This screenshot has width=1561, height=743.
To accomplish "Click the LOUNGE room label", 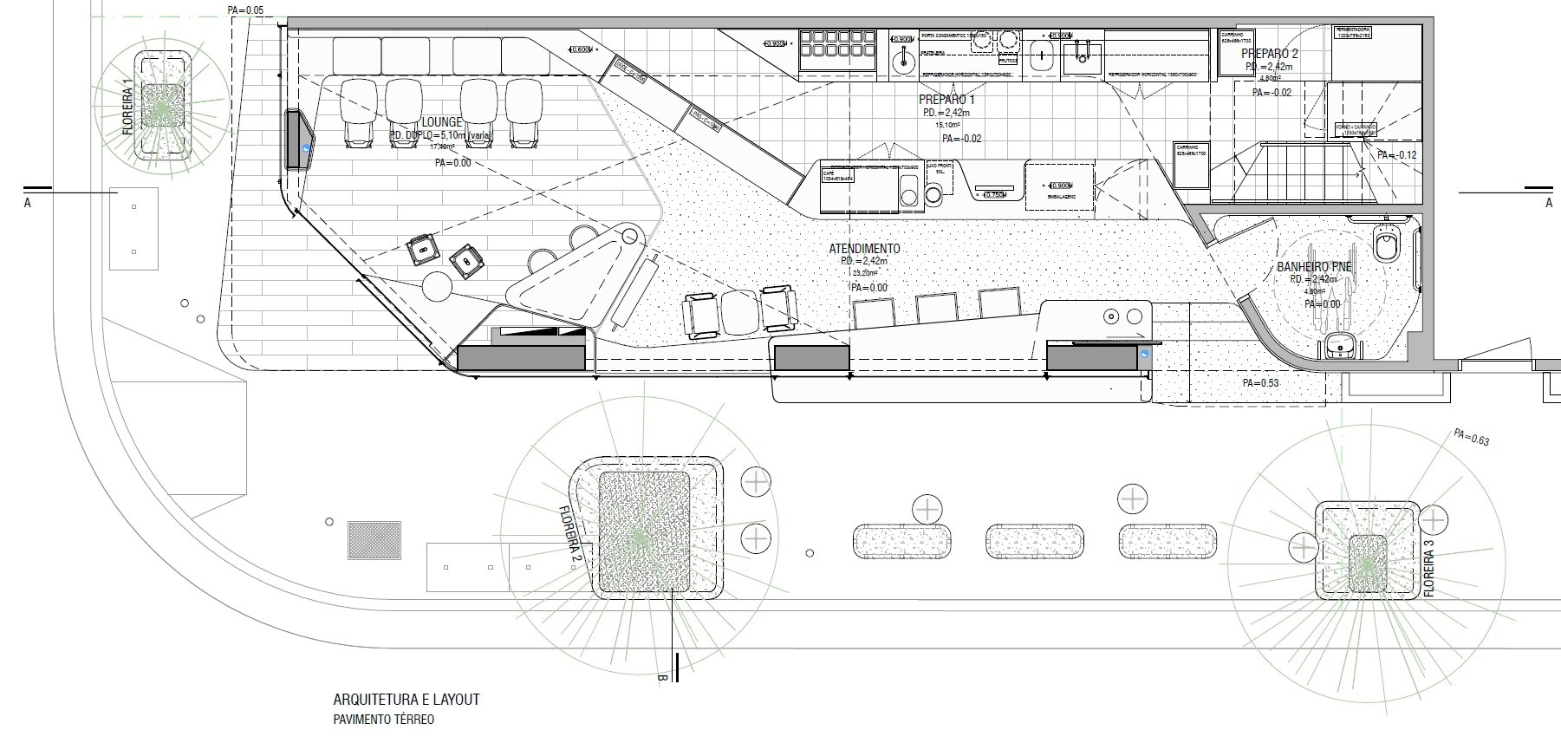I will click(x=442, y=122).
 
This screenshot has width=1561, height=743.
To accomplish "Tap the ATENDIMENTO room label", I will click(x=864, y=248).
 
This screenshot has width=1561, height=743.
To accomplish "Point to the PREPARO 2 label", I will click(x=1270, y=54).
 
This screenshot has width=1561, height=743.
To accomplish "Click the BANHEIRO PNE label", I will click(x=1314, y=267).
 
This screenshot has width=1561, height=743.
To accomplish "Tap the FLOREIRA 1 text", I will click(x=127, y=107).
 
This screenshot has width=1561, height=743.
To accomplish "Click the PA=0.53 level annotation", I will click(x=1260, y=382).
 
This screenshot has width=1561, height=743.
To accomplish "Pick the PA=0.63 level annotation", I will click(x=1471, y=437).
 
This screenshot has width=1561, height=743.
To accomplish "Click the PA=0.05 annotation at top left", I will click(x=244, y=10).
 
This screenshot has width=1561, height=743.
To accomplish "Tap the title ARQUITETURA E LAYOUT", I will click(x=406, y=700).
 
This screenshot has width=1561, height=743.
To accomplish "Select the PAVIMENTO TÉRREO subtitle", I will click(x=383, y=720).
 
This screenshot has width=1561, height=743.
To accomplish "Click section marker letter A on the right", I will click(x=1549, y=203).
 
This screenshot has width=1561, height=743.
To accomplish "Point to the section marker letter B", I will click(x=660, y=678).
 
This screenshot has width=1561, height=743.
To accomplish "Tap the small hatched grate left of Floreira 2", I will click(x=374, y=539).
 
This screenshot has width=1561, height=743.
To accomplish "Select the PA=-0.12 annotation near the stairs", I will click(x=1396, y=155).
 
